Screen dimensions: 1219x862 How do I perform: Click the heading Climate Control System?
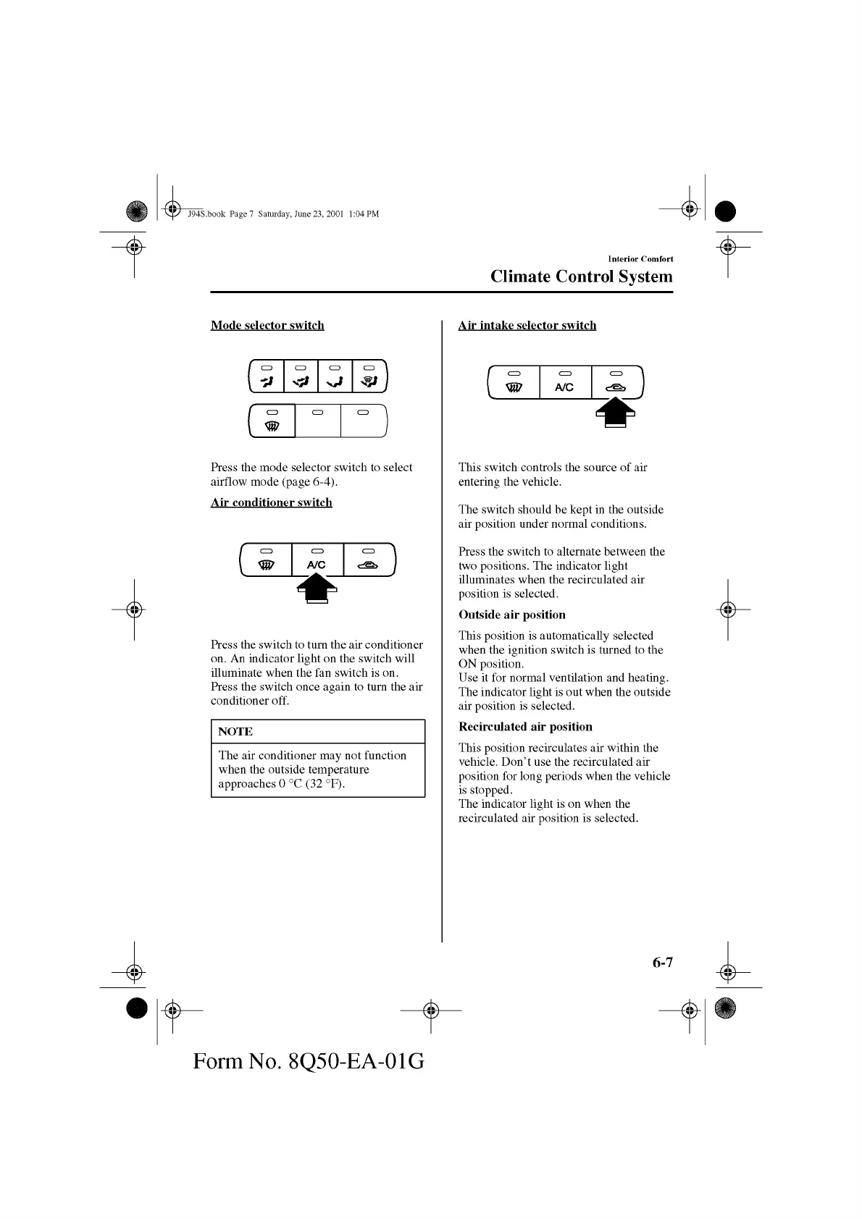[x=581, y=277]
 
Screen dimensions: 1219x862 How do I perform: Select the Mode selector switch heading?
[x=267, y=325]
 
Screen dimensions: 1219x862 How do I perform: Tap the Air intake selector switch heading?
[x=527, y=325]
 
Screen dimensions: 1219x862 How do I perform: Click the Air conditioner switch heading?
[x=271, y=502]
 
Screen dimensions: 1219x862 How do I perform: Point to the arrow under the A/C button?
[x=317, y=587]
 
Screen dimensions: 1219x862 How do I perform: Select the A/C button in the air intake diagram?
[x=565, y=383]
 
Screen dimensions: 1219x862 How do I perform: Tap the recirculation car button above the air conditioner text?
[x=369, y=560]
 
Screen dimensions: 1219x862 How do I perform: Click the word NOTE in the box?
[x=235, y=731]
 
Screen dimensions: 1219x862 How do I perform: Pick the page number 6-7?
[x=662, y=962]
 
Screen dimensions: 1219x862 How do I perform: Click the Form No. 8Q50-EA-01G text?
[x=309, y=1061]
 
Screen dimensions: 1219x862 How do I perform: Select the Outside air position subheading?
[x=511, y=615]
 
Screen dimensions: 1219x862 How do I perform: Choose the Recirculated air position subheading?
[x=525, y=727]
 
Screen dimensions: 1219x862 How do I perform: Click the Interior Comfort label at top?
[x=640, y=258]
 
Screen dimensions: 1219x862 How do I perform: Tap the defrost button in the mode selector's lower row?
[x=272, y=421]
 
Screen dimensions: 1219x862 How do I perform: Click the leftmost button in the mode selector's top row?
[x=267, y=376]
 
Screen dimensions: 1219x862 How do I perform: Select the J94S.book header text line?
[x=283, y=214]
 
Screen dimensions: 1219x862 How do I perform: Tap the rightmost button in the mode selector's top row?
[x=369, y=376]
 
